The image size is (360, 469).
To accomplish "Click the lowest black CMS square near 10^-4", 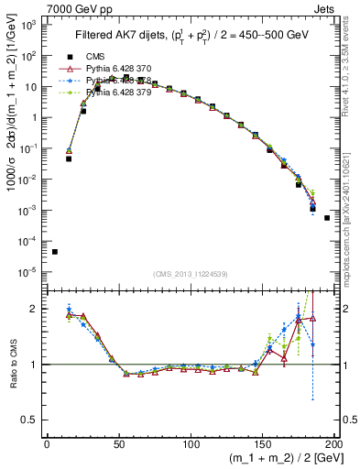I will [x=54, y=252].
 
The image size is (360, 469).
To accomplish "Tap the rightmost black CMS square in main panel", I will [x=327, y=218].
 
